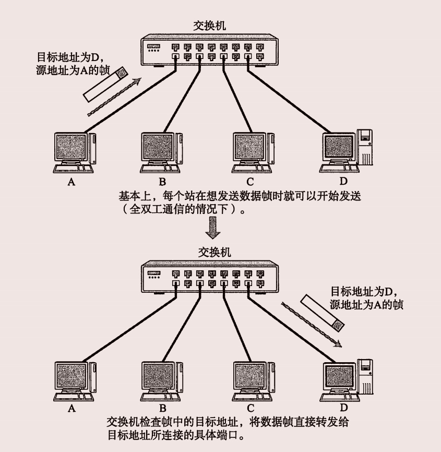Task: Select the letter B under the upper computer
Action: click(x=163, y=182)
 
